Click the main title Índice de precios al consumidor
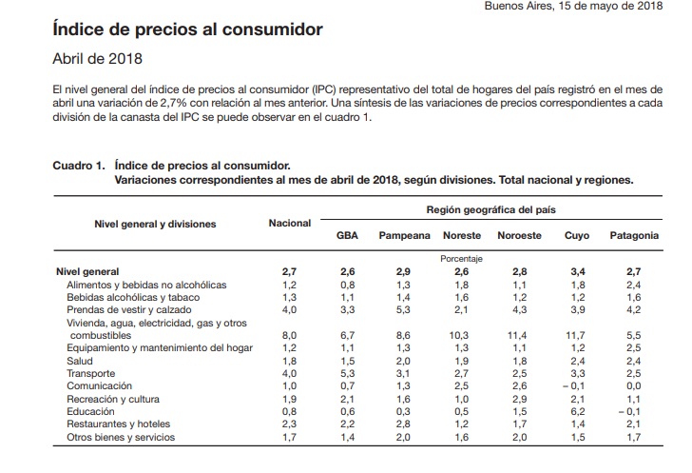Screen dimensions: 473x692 187,30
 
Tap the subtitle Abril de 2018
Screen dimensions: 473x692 97,59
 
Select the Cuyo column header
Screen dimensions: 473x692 577,235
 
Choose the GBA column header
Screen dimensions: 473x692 348,235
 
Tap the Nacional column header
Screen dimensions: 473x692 290,223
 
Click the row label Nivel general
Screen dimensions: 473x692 88,271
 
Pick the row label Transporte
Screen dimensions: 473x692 90,374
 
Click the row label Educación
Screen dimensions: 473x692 90,412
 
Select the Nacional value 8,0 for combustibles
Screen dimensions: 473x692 290,335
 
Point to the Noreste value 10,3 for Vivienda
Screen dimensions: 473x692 462,335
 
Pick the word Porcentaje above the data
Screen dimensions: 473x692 462,258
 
